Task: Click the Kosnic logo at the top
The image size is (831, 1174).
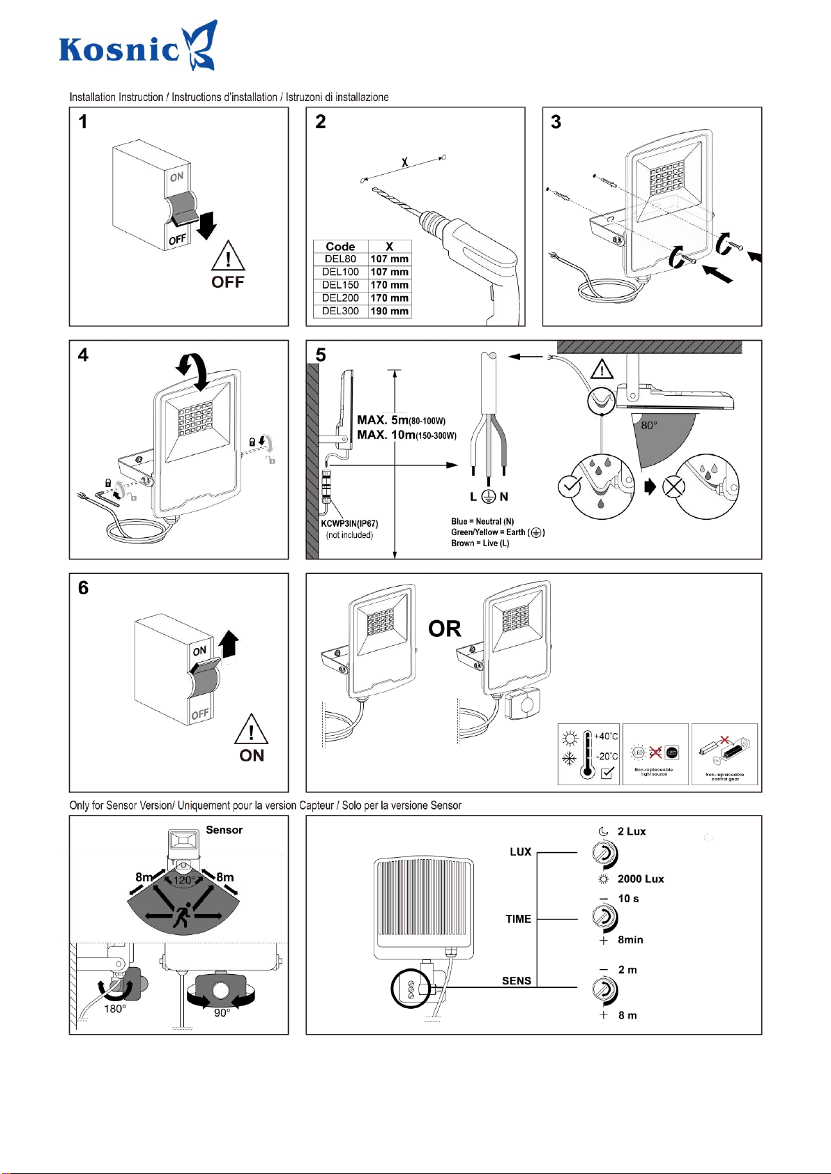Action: click(x=137, y=47)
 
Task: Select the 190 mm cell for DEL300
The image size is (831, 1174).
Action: click(x=389, y=311)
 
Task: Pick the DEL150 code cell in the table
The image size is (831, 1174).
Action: click(x=340, y=285)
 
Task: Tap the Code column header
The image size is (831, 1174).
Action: click(x=340, y=247)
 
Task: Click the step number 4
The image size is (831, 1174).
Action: click(x=83, y=355)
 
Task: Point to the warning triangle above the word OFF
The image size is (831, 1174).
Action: click(x=228, y=256)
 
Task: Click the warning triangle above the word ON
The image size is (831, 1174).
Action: click(x=251, y=729)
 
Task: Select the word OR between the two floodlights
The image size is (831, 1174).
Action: click(x=445, y=629)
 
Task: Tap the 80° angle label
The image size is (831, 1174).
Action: click(x=649, y=426)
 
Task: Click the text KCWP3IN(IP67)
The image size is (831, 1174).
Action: click(x=349, y=524)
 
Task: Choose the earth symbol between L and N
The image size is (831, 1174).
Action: click(x=489, y=497)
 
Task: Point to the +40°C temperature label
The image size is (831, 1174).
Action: click(x=606, y=736)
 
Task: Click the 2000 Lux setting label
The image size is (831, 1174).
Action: click(x=640, y=879)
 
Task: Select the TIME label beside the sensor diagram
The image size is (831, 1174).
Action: click(x=518, y=920)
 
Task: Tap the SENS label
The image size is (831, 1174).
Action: click(x=517, y=981)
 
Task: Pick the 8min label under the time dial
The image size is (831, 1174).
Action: click(x=630, y=940)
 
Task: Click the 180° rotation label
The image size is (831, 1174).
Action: click(x=115, y=1009)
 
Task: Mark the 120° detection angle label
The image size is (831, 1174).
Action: click(x=184, y=881)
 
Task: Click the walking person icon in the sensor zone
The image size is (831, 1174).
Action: click(x=183, y=915)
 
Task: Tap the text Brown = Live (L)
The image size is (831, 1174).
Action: click(x=480, y=543)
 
